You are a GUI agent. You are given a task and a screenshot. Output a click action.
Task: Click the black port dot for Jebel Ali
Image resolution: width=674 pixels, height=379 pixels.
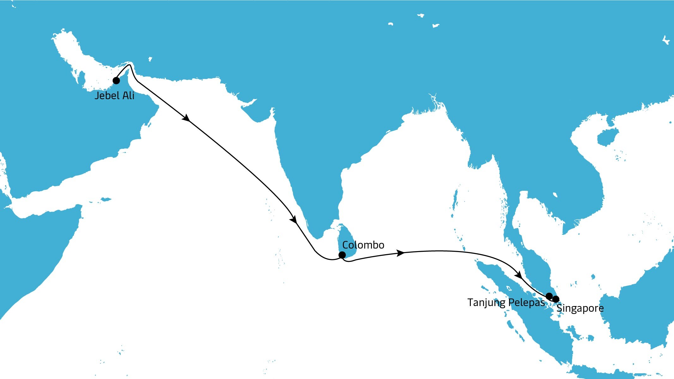tap(116, 81)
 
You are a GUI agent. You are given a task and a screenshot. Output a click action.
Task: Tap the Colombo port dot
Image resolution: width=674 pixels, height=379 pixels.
tap(342, 255)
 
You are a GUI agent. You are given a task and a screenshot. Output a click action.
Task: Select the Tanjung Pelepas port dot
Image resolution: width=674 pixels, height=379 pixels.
tap(549, 296)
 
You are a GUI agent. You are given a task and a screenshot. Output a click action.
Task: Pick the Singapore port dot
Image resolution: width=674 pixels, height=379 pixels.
tap(556, 299)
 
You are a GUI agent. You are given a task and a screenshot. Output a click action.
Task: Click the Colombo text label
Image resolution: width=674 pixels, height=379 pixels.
tap(363, 245)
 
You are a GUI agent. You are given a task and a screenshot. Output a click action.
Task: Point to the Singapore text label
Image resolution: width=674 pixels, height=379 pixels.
tap(580, 308)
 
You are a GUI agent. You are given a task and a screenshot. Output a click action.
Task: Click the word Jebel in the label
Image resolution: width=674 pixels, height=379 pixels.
tap(106, 95)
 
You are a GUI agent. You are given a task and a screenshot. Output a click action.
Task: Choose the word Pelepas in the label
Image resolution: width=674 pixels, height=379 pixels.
tap(527, 303)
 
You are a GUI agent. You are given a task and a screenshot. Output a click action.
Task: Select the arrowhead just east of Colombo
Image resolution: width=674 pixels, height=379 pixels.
tap(400, 253)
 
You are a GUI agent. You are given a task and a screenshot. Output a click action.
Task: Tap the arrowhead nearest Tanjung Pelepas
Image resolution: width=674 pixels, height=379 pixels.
tap(518, 275)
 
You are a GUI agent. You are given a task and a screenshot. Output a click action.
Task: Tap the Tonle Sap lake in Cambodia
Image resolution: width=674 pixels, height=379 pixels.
tap(555, 195)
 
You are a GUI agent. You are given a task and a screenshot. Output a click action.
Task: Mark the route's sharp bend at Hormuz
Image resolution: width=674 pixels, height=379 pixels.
tap(130, 65)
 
